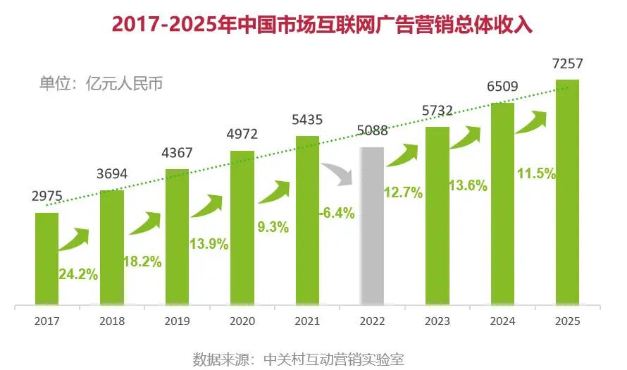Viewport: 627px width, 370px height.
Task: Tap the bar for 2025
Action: click(x=567, y=193)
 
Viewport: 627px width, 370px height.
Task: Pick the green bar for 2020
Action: click(x=242, y=228)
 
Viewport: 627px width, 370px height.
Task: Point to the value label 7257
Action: click(x=567, y=65)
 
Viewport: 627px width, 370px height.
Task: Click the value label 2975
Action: click(x=46, y=198)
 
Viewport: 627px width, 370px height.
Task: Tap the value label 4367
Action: click(x=177, y=154)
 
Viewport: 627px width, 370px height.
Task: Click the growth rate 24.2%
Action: click(x=78, y=275)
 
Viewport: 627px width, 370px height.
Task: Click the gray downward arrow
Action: click(x=339, y=173)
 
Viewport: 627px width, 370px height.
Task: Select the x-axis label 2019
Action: click(x=176, y=321)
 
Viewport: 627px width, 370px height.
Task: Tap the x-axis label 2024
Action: click(x=502, y=321)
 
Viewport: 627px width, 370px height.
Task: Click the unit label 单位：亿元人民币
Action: click(x=101, y=84)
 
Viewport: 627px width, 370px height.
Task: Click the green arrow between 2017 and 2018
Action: click(x=74, y=239)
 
